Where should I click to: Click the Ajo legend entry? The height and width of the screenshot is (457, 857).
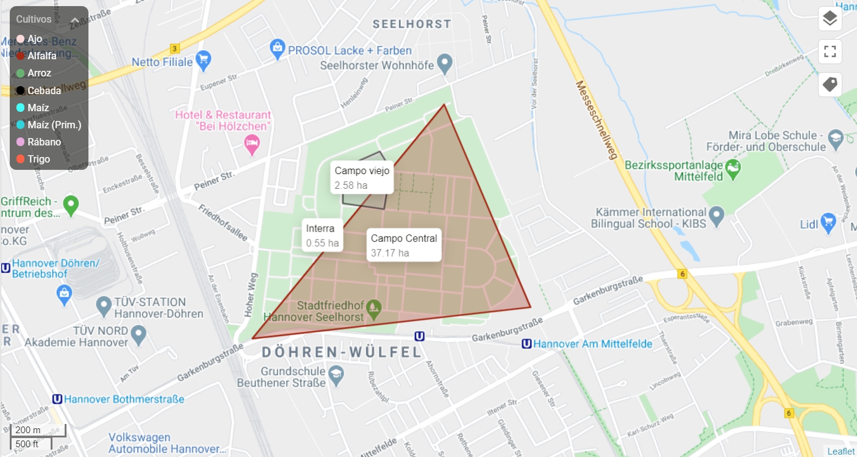(35, 38)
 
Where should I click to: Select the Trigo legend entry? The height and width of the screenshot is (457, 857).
(38, 159)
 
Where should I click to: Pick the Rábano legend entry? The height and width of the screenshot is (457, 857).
(43, 142)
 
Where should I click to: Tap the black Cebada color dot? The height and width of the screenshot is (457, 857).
(20, 90)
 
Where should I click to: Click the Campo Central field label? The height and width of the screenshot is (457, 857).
(404, 245)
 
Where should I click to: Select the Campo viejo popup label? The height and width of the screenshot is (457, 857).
(362, 177)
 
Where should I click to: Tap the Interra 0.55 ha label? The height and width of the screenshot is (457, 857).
(323, 235)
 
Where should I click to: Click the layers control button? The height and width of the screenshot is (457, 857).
(830, 19)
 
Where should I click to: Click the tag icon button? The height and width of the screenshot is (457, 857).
(830, 84)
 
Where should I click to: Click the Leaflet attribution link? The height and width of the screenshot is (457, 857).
(841, 451)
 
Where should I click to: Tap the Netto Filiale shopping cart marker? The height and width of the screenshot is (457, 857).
(203, 60)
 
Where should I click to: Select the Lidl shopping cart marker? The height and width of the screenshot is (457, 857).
(828, 222)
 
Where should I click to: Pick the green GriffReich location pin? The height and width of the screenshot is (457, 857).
(71, 205)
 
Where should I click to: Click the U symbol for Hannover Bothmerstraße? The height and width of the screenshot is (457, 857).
(57, 399)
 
